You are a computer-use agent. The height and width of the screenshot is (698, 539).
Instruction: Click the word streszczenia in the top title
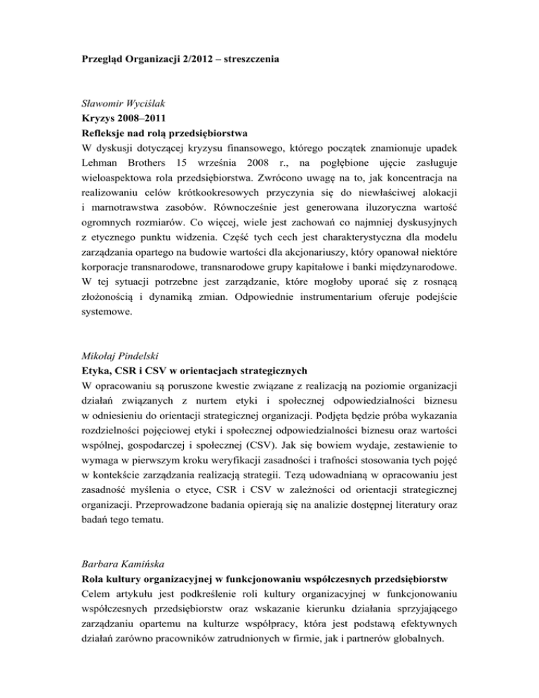click(x=248, y=60)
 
